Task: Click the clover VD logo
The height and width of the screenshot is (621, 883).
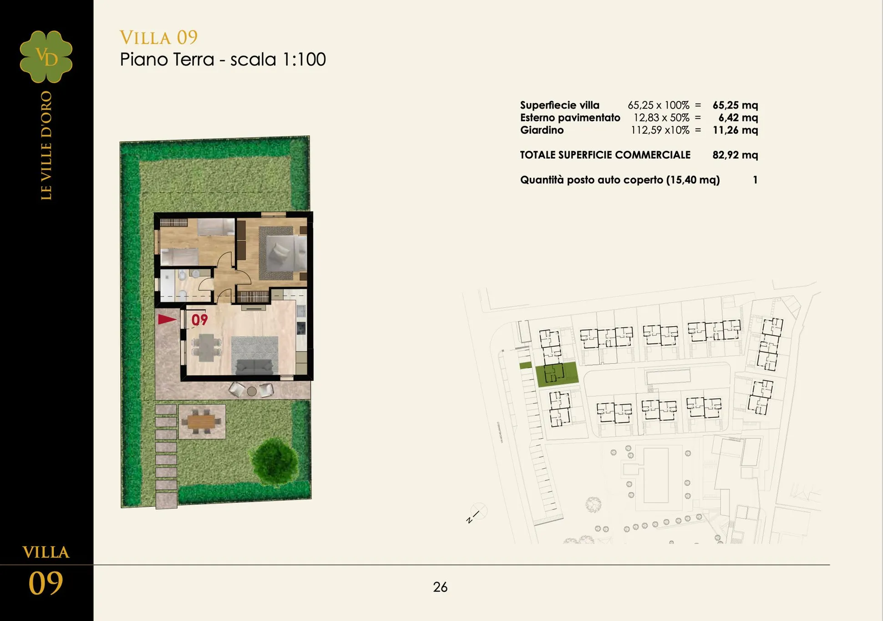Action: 46,56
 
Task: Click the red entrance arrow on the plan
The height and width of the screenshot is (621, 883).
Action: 167,319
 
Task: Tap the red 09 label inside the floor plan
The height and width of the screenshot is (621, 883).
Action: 199,320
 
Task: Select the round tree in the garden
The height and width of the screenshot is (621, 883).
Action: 274,460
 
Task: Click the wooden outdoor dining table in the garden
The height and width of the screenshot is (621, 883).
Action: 202,422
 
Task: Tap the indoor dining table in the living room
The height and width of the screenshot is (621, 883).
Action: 206,347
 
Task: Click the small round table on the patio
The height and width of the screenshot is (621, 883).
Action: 252,391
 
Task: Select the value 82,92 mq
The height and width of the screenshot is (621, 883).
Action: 735,155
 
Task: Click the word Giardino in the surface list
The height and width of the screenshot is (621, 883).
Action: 542,130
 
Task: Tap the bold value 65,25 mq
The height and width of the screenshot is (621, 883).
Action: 735,105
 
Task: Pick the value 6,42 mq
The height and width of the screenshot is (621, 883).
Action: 738,118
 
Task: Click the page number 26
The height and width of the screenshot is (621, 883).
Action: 440,587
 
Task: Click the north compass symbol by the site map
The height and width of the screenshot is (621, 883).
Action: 477,513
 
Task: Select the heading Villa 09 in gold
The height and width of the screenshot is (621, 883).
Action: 158,37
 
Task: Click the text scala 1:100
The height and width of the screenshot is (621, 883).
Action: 278,60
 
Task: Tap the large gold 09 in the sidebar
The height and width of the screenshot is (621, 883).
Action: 46,583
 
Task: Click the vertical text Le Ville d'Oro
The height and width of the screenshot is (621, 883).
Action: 46,146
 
